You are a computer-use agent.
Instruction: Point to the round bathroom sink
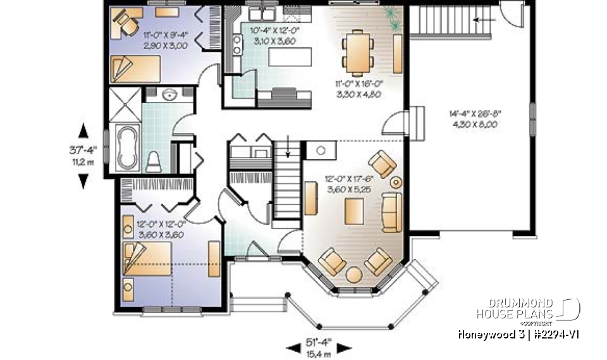(169, 95)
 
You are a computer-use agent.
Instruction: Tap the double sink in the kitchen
(260, 13)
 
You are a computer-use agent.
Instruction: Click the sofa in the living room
(392, 212)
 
